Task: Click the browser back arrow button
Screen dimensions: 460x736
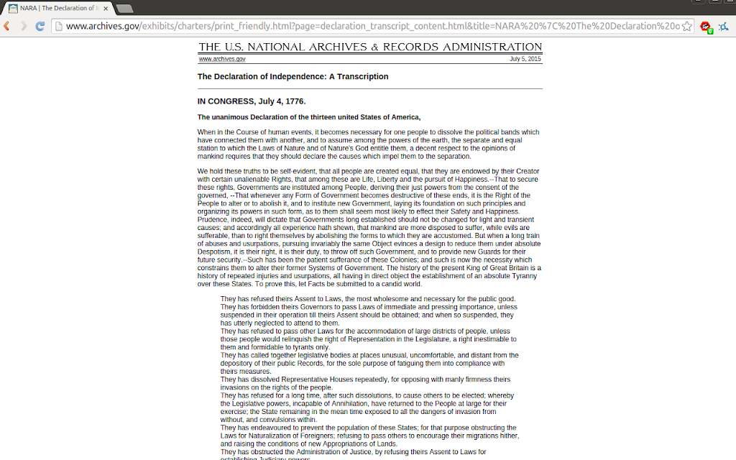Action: coord(6,26)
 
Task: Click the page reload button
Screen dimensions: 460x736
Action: coord(40,26)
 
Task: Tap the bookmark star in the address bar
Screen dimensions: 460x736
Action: coord(686,26)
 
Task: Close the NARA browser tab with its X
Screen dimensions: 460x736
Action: coord(106,8)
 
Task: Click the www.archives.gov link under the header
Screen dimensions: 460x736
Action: coord(222,59)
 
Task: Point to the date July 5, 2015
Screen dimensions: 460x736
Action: coord(525,59)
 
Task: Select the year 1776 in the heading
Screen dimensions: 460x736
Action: coord(295,101)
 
